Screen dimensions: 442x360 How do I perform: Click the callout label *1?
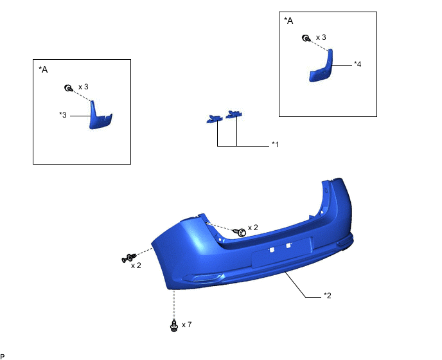(x=275, y=145)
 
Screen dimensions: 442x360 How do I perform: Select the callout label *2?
(x=327, y=295)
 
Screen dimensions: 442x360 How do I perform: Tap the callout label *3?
(x=63, y=115)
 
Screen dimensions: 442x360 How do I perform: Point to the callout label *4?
(x=357, y=64)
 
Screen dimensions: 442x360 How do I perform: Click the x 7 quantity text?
(x=186, y=325)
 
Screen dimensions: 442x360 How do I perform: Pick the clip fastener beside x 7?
(x=174, y=325)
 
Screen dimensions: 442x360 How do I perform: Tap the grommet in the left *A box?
(x=68, y=88)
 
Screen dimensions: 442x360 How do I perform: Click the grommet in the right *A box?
(x=306, y=38)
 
